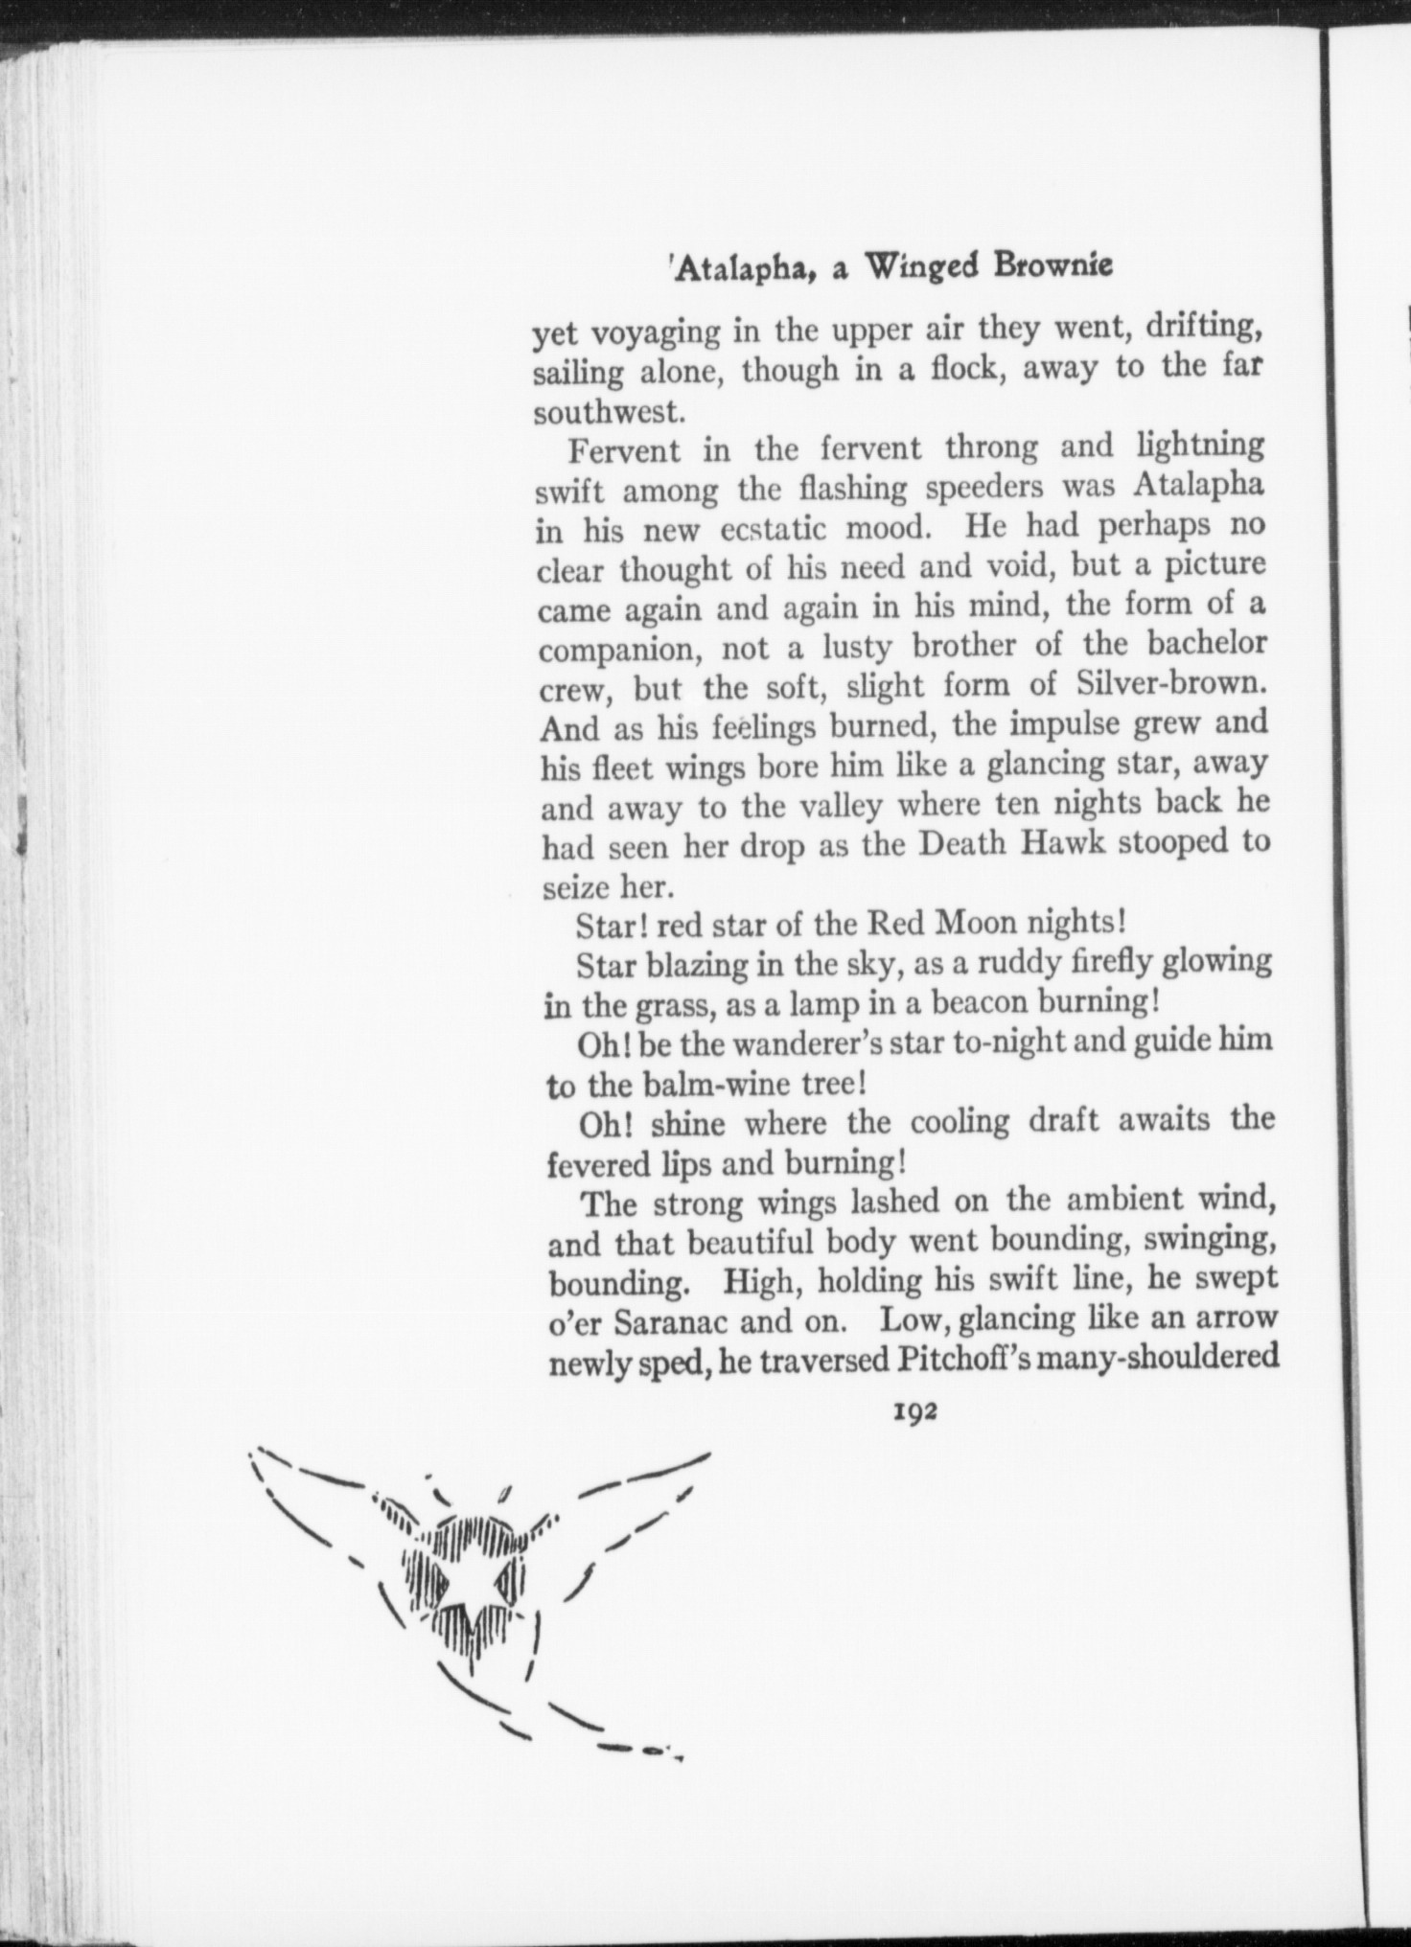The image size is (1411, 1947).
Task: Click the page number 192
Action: [x=914, y=1412]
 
